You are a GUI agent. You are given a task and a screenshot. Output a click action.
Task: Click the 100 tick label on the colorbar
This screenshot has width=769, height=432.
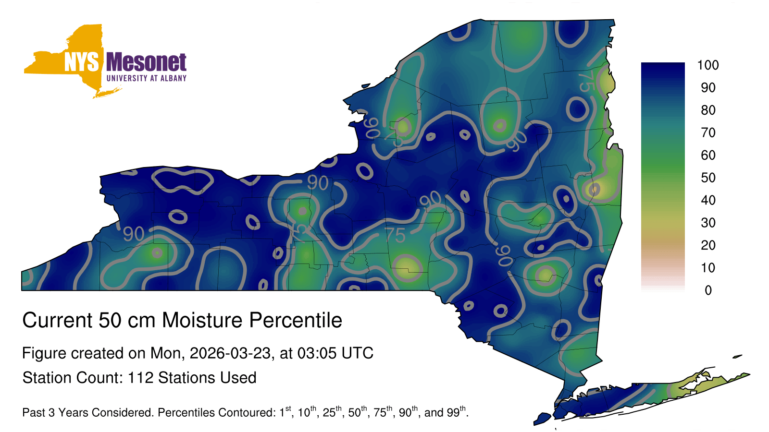point(708,65)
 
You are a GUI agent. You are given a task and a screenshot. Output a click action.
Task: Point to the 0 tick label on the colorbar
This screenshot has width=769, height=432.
point(708,290)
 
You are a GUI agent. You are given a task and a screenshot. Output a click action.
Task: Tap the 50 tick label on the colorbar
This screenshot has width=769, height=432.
point(708,178)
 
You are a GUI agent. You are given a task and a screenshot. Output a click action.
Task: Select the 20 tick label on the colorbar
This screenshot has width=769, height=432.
point(708,245)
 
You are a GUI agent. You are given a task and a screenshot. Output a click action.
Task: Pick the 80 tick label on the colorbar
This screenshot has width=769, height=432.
point(708,110)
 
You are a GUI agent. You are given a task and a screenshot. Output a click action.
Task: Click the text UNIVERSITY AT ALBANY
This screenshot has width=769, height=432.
point(147,78)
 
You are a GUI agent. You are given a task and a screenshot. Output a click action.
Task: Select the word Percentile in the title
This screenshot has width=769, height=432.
point(296,320)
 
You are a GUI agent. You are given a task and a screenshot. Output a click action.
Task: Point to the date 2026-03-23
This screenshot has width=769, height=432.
point(230,353)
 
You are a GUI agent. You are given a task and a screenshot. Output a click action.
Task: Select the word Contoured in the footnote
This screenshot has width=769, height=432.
point(242,412)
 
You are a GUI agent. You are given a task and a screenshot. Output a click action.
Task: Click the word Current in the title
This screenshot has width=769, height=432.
point(57,320)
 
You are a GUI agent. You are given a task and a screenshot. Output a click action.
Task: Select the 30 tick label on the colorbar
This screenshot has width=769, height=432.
point(708,223)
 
